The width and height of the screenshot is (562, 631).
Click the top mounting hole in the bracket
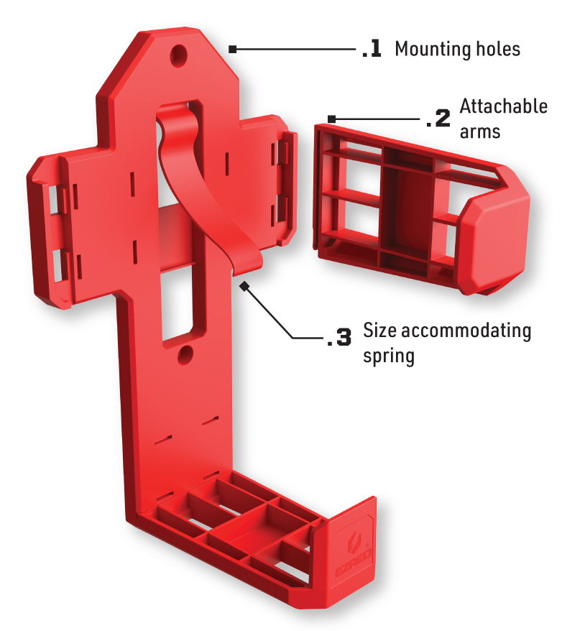(x=179, y=55)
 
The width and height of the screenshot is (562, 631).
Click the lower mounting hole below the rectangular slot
(x=185, y=355)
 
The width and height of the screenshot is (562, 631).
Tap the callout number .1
(x=372, y=49)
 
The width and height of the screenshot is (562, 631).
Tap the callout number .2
(x=438, y=119)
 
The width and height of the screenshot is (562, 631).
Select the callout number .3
(x=339, y=337)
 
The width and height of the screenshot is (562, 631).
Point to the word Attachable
(x=504, y=106)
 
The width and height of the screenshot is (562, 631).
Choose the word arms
(x=480, y=132)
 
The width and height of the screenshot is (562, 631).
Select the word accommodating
(x=466, y=331)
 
